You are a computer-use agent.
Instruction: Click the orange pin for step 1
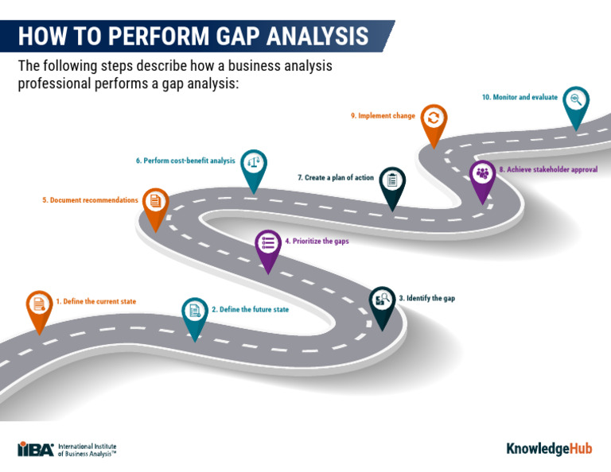click(37, 305)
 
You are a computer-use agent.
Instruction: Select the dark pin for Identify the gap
click(382, 301)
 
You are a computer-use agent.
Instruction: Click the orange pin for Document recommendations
click(155, 202)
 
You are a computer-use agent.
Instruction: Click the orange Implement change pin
click(433, 119)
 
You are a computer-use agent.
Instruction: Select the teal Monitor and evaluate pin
click(576, 101)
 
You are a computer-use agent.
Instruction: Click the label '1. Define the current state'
click(95, 302)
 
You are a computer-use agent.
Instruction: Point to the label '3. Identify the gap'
click(426, 298)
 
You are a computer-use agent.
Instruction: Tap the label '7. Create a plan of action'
click(335, 178)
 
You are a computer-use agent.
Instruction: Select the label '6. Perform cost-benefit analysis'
click(185, 161)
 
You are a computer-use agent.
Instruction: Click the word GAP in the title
click(236, 37)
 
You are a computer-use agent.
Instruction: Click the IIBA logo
click(36, 449)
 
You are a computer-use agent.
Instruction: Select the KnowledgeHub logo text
click(549, 449)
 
